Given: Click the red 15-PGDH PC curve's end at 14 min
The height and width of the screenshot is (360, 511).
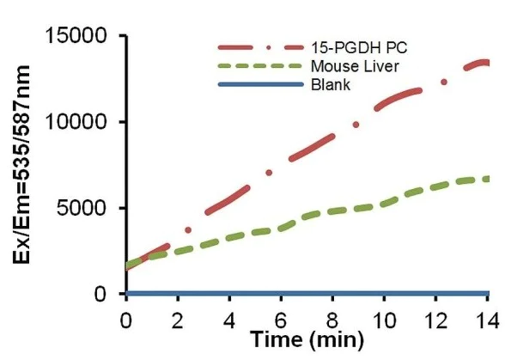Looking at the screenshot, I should pyautogui.click(x=487, y=63).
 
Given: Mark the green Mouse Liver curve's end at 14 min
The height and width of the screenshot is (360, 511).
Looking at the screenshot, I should pyautogui.click(x=487, y=179).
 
